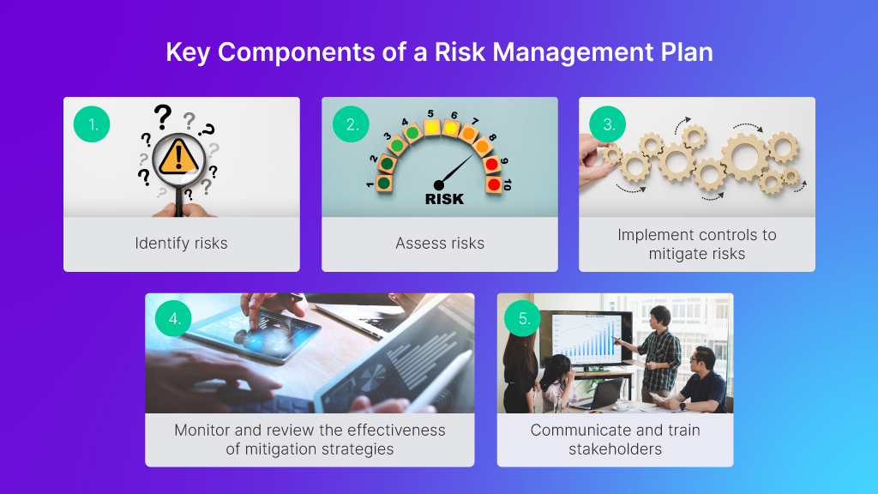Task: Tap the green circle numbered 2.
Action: coord(351,124)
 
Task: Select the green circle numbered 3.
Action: coord(608,124)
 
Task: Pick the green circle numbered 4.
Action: coord(174,319)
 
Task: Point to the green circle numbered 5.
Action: coord(524,319)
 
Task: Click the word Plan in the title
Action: coord(682,52)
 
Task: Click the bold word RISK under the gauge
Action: coord(444,199)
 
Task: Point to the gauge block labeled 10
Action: coord(493,184)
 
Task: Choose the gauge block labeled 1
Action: coord(384,183)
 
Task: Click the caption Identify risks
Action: coord(182,244)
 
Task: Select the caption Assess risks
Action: coord(440,244)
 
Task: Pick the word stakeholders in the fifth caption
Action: coord(615,449)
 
